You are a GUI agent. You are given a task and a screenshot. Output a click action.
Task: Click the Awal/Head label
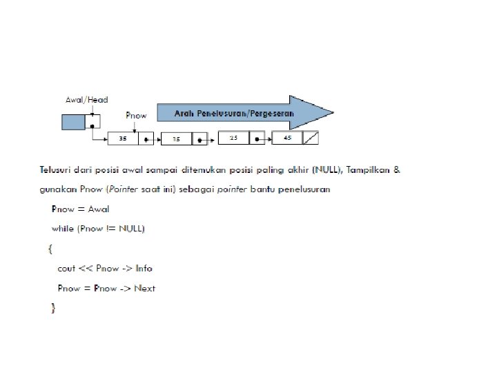pyautogui.click(x=86, y=100)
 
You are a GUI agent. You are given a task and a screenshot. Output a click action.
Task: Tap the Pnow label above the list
pyautogui.click(x=136, y=116)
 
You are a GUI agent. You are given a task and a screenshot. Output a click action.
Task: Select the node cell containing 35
pyautogui.click(x=123, y=138)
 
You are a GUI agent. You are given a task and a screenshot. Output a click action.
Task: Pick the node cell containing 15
pyautogui.click(x=176, y=139)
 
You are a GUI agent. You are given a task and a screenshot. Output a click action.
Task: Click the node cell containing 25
pyautogui.click(x=233, y=138)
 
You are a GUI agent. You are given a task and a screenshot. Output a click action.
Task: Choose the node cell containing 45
pyautogui.click(x=287, y=138)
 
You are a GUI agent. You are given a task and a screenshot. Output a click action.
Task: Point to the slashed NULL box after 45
pyautogui.click(x=311, y=138)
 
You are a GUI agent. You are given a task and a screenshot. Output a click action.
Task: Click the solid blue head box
pyautogui.click(x=73, y=122)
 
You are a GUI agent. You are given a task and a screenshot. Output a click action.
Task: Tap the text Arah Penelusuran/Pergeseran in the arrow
pyautogui.click(x=234, y=113)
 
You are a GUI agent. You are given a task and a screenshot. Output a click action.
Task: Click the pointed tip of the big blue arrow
pyautogui.click(x=333, y=112)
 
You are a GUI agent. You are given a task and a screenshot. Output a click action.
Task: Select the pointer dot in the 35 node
pyautogui.click(x=146, y=139)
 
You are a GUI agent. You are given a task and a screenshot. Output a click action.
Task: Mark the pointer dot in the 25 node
pyautogui.click(x=257, y=139)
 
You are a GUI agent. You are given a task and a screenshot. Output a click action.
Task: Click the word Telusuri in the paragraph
pyautogui.click(x=55, y=170)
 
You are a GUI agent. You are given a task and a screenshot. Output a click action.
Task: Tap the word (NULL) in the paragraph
pyautogui.click(x=327, y=170)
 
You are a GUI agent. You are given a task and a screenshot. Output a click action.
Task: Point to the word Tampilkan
pyautogui.click(x=368, y=170)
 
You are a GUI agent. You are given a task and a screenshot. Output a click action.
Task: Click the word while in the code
pyautogui.click(x=63, y=229)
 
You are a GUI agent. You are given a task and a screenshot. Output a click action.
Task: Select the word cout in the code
pyautogui.click(x=66, y=269)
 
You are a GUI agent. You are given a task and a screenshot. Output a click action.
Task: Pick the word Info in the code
pyautogui.click(x=144, y=268)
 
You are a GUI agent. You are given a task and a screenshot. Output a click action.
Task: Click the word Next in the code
pyautogui.click(x=145, y=288)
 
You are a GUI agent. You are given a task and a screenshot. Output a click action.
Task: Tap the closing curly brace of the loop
pyautogui.click(x=53, y=308)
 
